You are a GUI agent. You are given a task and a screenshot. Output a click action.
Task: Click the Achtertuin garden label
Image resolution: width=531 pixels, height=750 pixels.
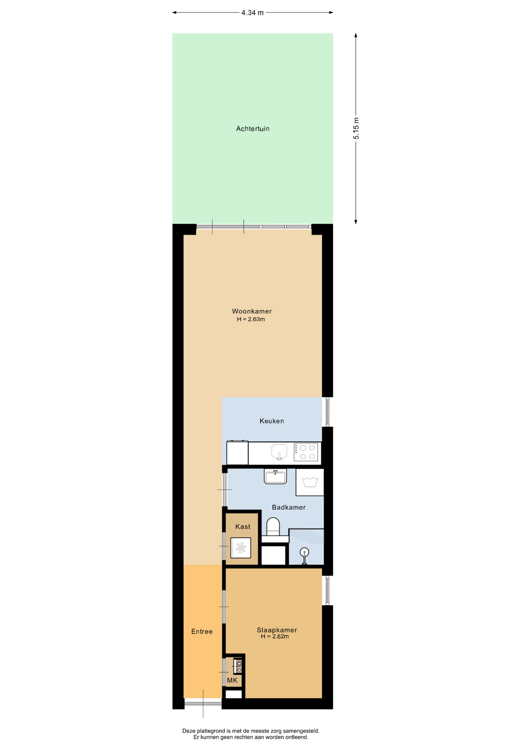[253, 129]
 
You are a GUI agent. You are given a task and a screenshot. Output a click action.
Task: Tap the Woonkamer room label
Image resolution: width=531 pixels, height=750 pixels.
[252, 311]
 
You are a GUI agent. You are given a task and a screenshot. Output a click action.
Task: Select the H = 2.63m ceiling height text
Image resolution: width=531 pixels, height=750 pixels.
[251, 319]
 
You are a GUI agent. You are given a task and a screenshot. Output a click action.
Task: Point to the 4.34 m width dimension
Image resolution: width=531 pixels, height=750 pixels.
[253, 12]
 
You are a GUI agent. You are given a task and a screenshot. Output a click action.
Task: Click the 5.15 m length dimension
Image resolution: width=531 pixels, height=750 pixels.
[356, 128]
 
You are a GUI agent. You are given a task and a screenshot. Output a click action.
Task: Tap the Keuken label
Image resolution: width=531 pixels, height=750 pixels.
[272, 421]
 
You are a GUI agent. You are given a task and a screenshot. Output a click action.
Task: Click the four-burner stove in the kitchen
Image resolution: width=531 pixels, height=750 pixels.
[306, 452]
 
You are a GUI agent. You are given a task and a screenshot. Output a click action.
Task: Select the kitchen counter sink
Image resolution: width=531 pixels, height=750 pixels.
[279, 452]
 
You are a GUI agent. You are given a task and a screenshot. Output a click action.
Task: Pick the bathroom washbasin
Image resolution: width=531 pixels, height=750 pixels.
[275, 476]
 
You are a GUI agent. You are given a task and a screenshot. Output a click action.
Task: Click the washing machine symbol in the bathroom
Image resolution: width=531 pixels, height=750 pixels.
[310, 482]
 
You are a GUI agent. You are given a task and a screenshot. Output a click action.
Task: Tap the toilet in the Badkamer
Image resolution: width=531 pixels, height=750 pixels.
[273, 527]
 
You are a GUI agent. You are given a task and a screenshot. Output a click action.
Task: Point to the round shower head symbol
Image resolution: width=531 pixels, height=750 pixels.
[304, 552]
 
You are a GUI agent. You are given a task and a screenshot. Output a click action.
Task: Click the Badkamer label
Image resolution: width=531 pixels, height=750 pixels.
[289, 507]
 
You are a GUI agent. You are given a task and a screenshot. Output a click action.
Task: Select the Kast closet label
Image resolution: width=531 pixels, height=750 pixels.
[243, 527]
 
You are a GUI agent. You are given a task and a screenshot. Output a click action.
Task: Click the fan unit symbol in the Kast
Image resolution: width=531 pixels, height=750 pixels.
[241, 548]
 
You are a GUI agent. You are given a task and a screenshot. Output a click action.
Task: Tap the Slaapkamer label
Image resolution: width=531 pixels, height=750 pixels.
[277, 630]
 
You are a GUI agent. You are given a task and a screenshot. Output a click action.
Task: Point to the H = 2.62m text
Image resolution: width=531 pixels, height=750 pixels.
[275, 636]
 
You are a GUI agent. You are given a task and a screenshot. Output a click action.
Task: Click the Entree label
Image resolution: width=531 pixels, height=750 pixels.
[202, 632]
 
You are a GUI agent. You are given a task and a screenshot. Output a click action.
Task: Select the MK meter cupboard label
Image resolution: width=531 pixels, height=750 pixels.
[232, 680]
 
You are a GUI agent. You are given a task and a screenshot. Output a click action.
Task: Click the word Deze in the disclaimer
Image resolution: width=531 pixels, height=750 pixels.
[189, 731]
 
